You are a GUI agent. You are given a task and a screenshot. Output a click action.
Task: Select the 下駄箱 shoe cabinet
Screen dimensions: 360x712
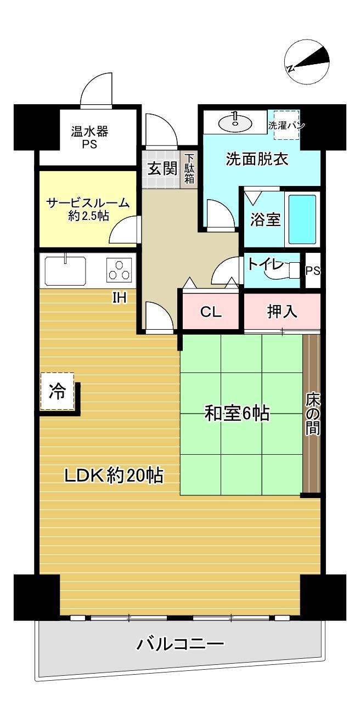(x=189, y=168)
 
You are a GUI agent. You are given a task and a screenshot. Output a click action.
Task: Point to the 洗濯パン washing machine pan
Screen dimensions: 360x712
(x=287, y=125)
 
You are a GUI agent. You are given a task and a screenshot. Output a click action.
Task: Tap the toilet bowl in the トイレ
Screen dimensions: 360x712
(x=292, y=270)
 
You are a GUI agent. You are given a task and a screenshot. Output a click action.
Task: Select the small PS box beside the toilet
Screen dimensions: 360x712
(x=313, y=270)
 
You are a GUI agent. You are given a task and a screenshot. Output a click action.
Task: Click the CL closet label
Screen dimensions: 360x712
(x=211, y=312)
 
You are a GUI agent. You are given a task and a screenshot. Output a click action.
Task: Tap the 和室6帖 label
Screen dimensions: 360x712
(x=237, y=414)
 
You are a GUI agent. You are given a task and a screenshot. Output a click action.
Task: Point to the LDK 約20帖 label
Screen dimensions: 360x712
(x=114, y=476)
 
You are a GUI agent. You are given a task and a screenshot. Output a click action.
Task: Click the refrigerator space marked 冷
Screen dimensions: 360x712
(x=57, y=391)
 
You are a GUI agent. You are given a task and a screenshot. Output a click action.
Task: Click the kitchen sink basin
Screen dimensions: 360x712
(x=65, y=271)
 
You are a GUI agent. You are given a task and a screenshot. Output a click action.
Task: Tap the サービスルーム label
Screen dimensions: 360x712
(x=88, y=203)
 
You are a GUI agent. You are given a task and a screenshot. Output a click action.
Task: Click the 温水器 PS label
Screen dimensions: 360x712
(x=89, y=137)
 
